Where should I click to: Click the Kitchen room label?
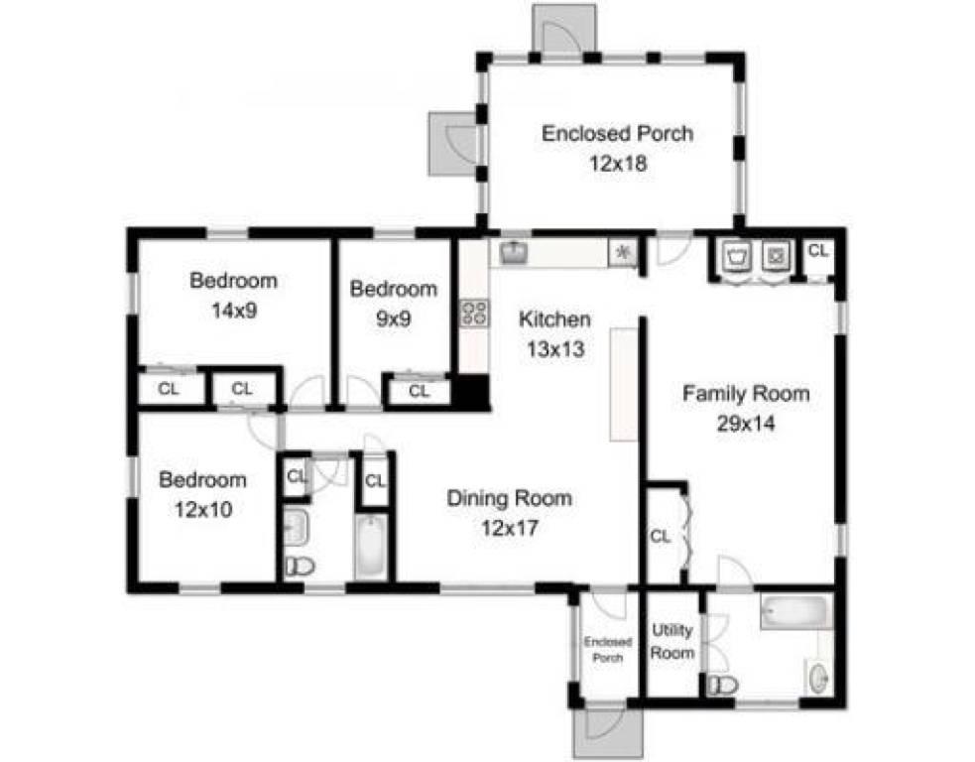click(554, 319)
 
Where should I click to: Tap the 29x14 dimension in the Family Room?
click(746, 424)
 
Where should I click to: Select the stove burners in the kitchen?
click(474, 313)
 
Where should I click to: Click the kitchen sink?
click(514, 252)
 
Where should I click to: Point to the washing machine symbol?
click(737, 256)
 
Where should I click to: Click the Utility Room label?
click(672, 641)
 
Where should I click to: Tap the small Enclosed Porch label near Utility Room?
click(607, 650)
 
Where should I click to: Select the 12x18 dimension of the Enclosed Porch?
click(618, 164)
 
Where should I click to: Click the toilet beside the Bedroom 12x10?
click(300, 567)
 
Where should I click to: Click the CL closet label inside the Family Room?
click(660, 536)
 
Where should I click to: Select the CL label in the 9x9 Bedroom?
click(420, 391)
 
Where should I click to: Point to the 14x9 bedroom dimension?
click(234, 311)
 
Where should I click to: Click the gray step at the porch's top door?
click(564, 28)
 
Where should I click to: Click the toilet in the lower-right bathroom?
click(722, 686)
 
